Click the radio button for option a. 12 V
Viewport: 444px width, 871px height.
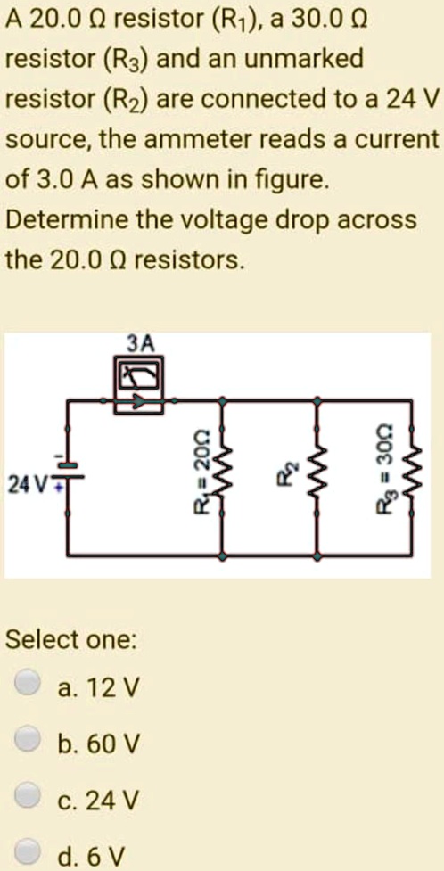tap(29, 686)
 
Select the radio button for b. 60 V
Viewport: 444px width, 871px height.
tap(29, 741)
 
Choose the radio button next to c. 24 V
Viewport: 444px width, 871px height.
tap(29, 795)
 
